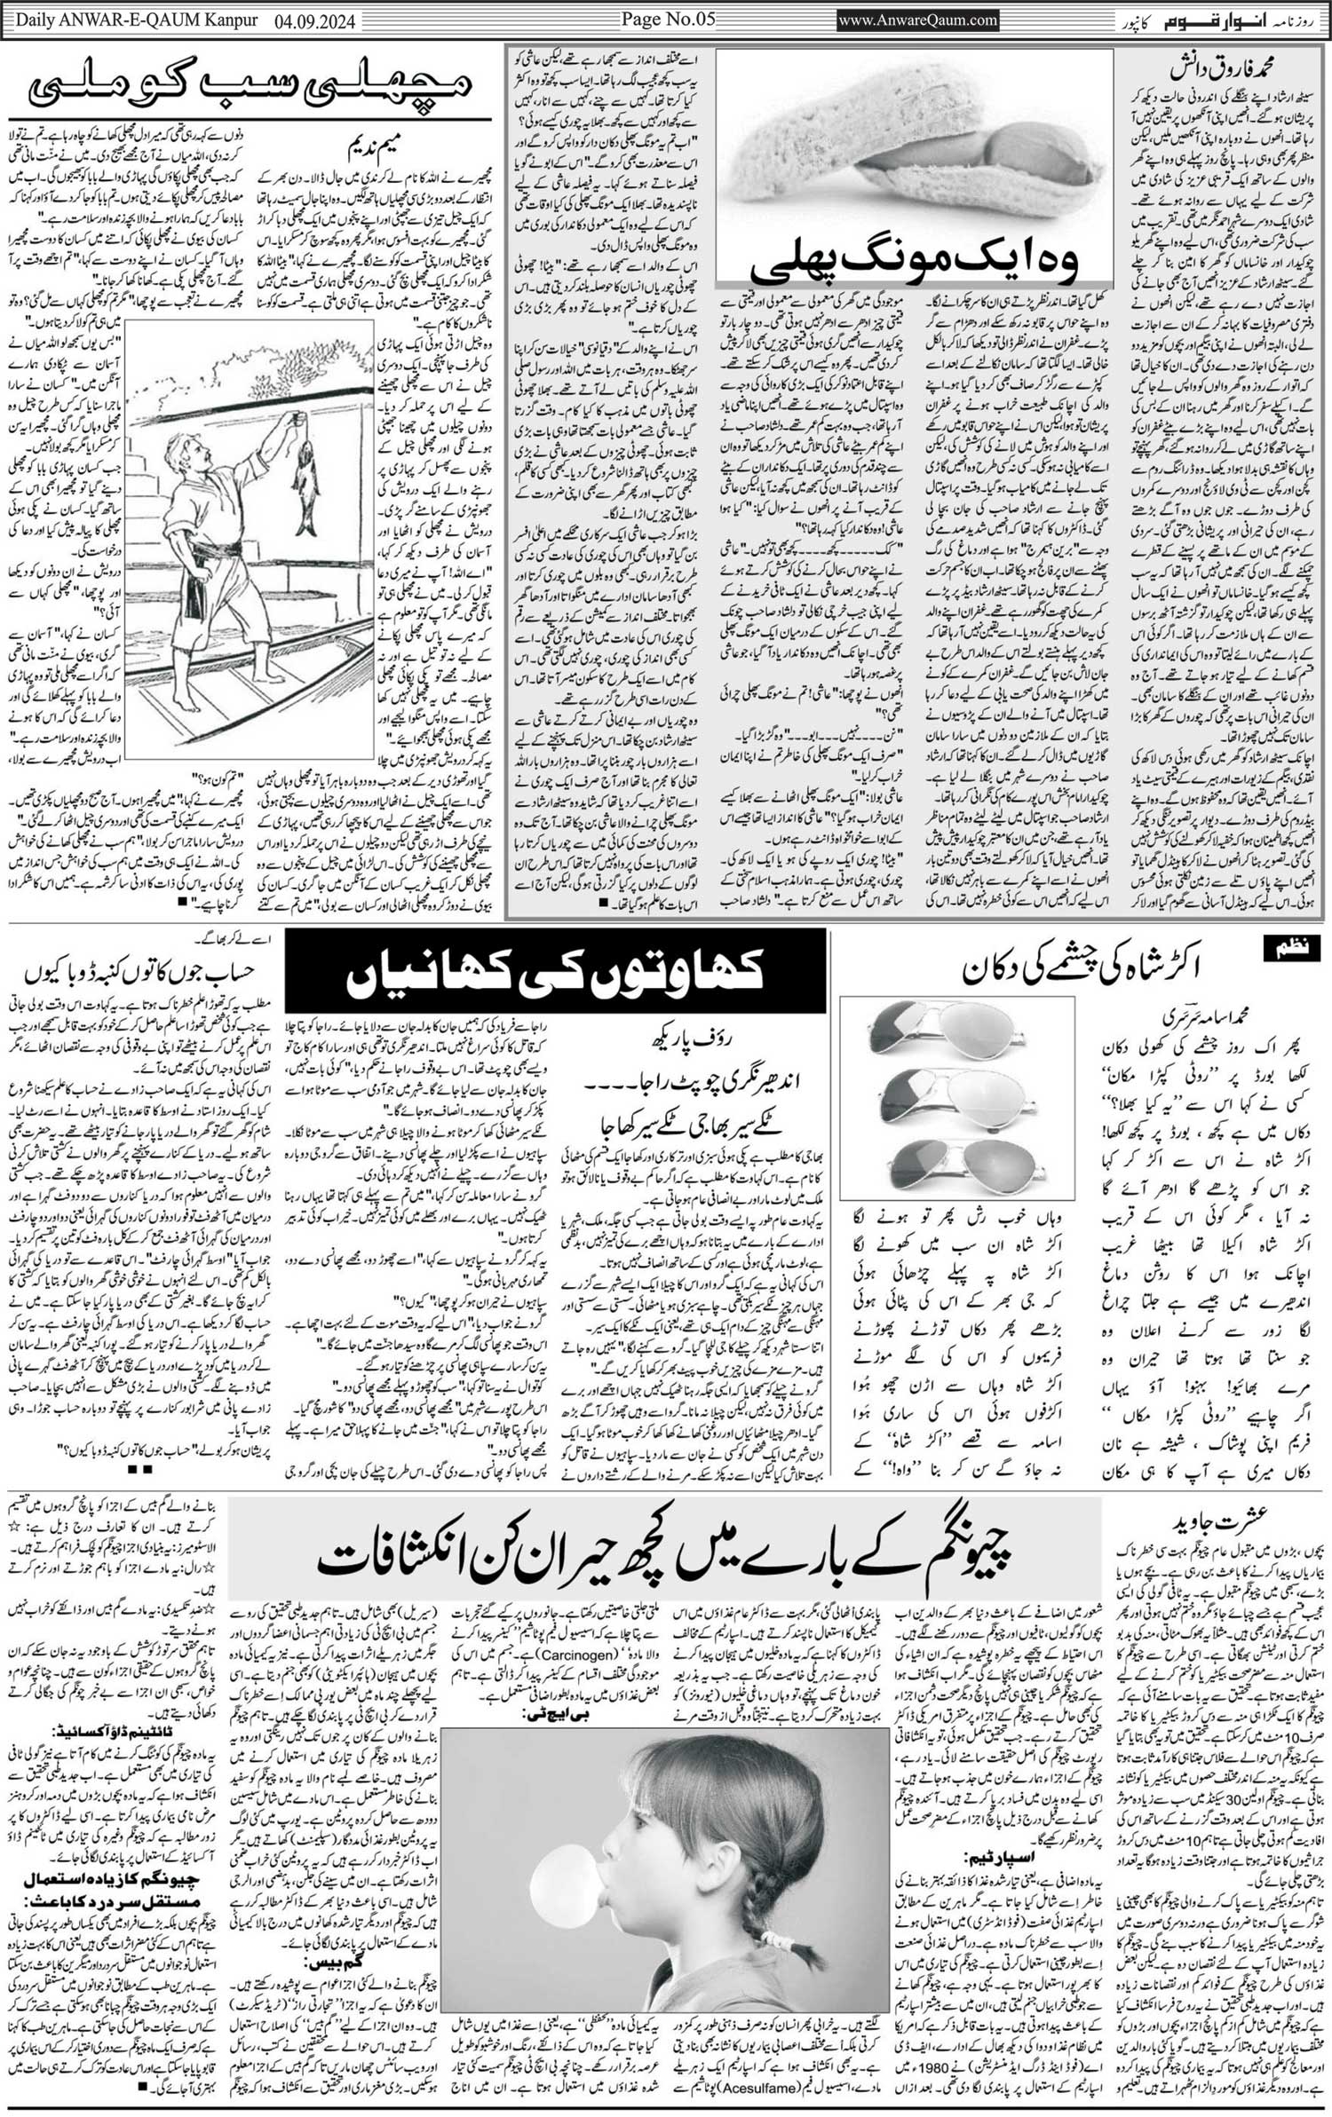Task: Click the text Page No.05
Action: (x=667, y=19)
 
